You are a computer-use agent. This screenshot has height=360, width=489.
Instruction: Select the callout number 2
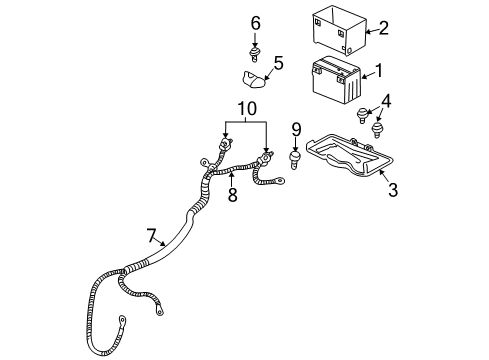coord(383,29)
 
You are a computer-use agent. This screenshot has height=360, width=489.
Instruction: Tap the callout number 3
coord(393,189)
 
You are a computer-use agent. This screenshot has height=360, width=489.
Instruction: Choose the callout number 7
coord(152,236)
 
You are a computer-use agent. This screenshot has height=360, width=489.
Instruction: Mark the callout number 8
coord(232,196)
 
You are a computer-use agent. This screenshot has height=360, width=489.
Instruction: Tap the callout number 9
coord(297,129)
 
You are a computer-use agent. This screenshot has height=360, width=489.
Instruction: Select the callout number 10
coord(246,107)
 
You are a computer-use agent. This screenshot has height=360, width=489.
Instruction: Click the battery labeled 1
coord(337,83)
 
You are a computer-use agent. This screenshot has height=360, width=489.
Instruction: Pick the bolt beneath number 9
coord(297,158)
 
